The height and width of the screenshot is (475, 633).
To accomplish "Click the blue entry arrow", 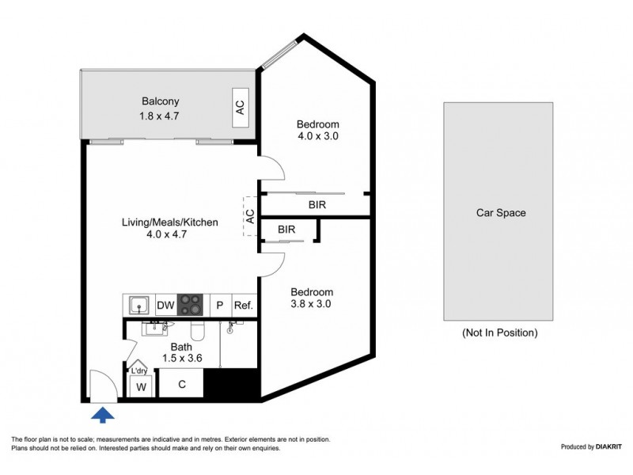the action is pos(103,415).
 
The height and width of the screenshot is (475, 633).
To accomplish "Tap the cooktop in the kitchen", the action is pos(190,305).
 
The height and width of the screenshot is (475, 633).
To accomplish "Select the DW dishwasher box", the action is pos(165,305).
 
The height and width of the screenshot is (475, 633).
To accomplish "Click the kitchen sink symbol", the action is pos(139,305).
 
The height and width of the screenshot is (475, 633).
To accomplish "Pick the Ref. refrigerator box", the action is pos(244,305).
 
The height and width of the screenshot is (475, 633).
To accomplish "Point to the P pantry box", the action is pos(220,305).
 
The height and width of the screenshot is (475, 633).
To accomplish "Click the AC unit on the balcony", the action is pos(241,108).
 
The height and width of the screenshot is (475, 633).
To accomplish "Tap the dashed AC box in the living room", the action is pos(250,216).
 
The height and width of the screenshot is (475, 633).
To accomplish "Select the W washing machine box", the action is pos(141,386).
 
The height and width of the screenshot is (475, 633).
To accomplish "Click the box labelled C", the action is pos(182,384).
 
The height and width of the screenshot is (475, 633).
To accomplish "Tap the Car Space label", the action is pos(501,213).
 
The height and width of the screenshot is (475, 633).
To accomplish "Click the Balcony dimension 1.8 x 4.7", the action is pos(159,116).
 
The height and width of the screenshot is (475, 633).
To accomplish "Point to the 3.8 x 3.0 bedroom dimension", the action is pos(311,304).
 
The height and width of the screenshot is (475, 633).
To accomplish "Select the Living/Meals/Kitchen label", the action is pos(170,222).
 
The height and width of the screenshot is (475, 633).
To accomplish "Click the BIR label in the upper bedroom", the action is pos(317,205).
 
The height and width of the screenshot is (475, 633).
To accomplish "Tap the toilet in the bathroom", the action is pos(198,329).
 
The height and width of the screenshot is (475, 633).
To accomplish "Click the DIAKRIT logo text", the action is pos(608,446).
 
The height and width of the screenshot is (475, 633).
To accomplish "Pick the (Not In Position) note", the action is pos(500,332).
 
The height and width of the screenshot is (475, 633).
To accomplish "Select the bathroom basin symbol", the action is pos(154,329).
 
